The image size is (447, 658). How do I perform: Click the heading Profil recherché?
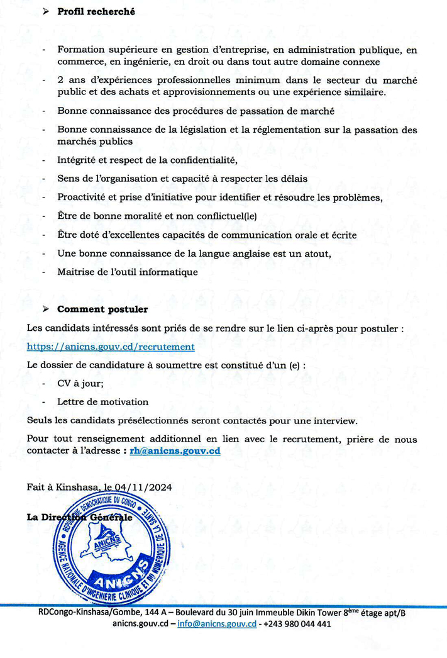(96, 12)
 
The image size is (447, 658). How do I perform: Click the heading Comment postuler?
(102, 309)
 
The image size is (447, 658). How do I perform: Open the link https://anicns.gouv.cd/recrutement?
(111, 347)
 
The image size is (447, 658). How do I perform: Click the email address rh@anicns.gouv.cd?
(175, 451)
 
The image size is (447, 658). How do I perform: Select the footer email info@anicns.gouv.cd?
(217, 624)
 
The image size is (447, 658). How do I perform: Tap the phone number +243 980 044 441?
(298, 624)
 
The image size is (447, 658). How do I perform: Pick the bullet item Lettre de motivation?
(102, 401)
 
